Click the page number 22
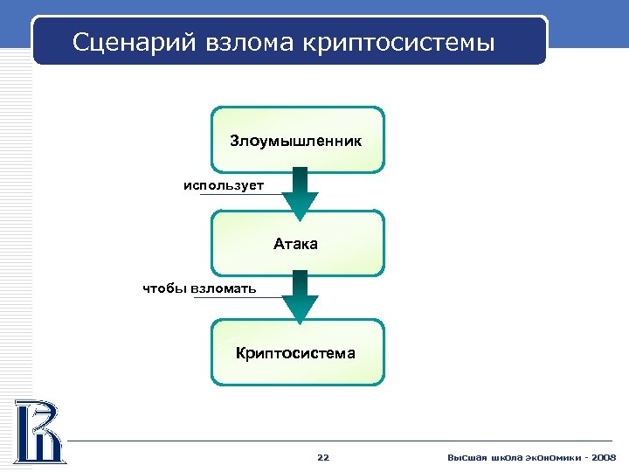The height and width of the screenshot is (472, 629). tap(323, 457)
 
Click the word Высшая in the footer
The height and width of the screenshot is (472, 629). tap(464, 457)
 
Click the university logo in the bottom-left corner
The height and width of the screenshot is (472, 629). tap(38, 430)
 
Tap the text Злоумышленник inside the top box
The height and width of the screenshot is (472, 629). tap(295, 140)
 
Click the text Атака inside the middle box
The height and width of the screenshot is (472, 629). tap(295, 244)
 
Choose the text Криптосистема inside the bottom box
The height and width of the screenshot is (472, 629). tap(295, 353)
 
